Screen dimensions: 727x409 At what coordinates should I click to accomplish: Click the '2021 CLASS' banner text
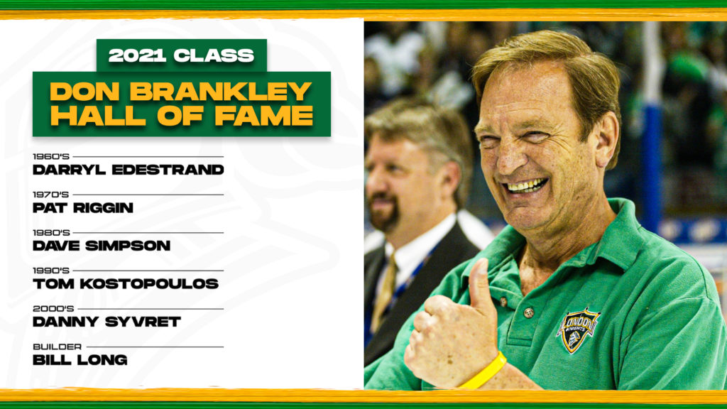pyautogui.click(x=181, y=55)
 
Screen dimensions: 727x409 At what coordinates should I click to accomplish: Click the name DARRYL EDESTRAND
pyautogui.click(x=129, y=170)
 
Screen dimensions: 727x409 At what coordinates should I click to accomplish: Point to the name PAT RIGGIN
pyautogui.click(x=83, y=208)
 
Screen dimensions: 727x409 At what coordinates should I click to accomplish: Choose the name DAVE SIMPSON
pyautogui.click(x=102, y=246)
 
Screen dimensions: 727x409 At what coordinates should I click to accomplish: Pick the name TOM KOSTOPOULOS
pyautogui.click(x=126, y=284)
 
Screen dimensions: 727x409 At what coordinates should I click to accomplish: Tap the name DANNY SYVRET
pyautogui.click(x=106, y=322)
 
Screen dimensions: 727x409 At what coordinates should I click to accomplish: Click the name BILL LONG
pyautogui.click(x=80, y=360)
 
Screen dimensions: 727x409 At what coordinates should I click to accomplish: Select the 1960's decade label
pyautogui.click(x=51, y=157)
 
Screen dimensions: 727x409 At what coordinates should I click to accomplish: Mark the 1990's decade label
pyautogui.click(x=51, y=271)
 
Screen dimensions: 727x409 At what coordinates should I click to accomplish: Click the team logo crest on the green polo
pyautogui.click(x=577, y=329)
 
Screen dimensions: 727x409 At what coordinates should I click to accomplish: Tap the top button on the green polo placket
pyautogui.click(x=503, y=302)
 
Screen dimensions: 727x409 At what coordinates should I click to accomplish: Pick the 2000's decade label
pyautogui.click(x=53, y=309)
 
